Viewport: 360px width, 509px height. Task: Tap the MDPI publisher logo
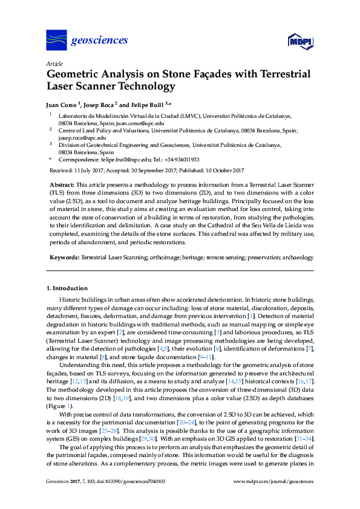pos(301,41)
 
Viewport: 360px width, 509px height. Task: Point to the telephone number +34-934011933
pos(179,160)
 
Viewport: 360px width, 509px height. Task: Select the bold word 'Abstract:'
pos(61,184)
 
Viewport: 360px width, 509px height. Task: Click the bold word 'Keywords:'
pos(64,258)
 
